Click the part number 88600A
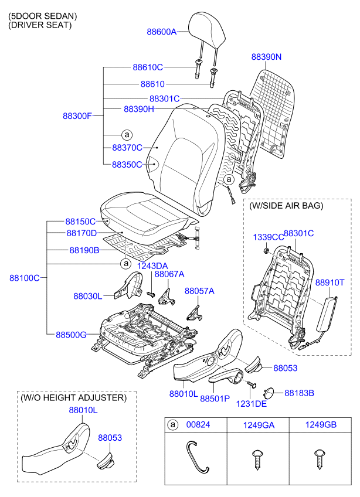coord(161,32)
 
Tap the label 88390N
coord(267,57)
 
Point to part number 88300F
coord(77,115)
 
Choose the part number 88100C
coord(24,277)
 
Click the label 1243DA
coord(152,265)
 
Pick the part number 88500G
coord(71,335)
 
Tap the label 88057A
coord(199,291)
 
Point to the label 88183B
coord(299,392)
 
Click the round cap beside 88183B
coord(272,393)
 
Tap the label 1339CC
coord(268,237)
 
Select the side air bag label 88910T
coord(330,282)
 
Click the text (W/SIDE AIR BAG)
coord(286,206)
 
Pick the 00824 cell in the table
coord(198,424)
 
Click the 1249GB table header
coord(320,424)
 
